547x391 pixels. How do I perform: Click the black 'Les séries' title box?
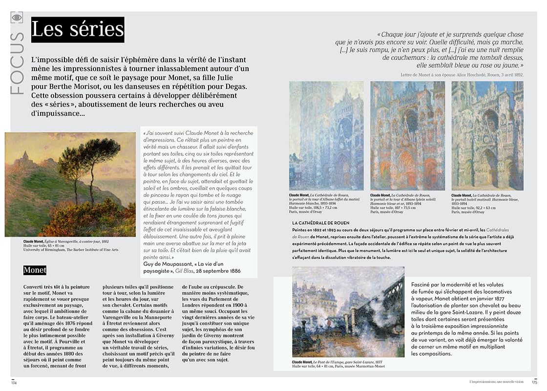pyautogui.click(x=78, y=30)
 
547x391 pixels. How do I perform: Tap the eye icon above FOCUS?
pyautogui.click(x=17, y=18)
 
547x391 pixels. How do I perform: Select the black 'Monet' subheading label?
pyautogui.click(x=35, y=270)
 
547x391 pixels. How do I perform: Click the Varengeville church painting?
pyautogui.click(x=70, y=184)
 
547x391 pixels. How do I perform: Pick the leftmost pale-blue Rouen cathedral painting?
pyautogui.click(x=326, y=135)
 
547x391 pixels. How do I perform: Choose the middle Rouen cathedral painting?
pyautogui.click(x=407, y=135)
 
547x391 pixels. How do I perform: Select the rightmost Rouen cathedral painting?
pyautogui.click(x=487, y=135)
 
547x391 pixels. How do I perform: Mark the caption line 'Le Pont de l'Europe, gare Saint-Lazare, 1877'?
pyautogui.click(x=354, y=362)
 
